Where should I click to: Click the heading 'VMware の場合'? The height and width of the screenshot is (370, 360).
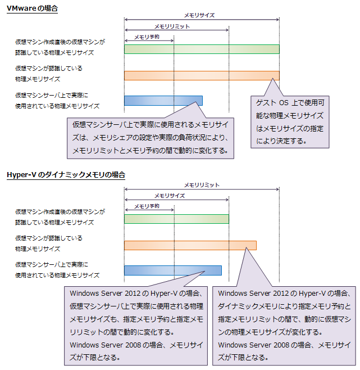tap(32, 9)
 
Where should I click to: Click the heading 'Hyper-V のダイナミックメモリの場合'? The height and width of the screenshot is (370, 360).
tap(66, 175)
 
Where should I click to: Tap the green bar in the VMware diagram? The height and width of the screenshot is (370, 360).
tap(202, 49)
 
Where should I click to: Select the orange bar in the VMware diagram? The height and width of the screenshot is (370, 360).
tap(202, 75)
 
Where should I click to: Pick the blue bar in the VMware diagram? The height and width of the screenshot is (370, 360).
tap(163, 101)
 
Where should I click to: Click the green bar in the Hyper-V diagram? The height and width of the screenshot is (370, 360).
tap(176, 219)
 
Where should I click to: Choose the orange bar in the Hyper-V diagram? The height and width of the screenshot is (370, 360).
tap(190, 245)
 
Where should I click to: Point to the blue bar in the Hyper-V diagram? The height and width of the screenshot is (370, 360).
tap(172, 270)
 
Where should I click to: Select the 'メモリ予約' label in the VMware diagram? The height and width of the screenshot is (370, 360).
tap(147, 37)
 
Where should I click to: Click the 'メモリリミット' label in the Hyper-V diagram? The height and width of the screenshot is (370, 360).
tap(202, 184)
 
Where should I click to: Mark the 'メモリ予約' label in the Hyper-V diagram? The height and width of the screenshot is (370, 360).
tap(147, 206)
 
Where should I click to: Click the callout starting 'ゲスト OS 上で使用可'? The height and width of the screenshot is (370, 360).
tap(291, 121)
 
